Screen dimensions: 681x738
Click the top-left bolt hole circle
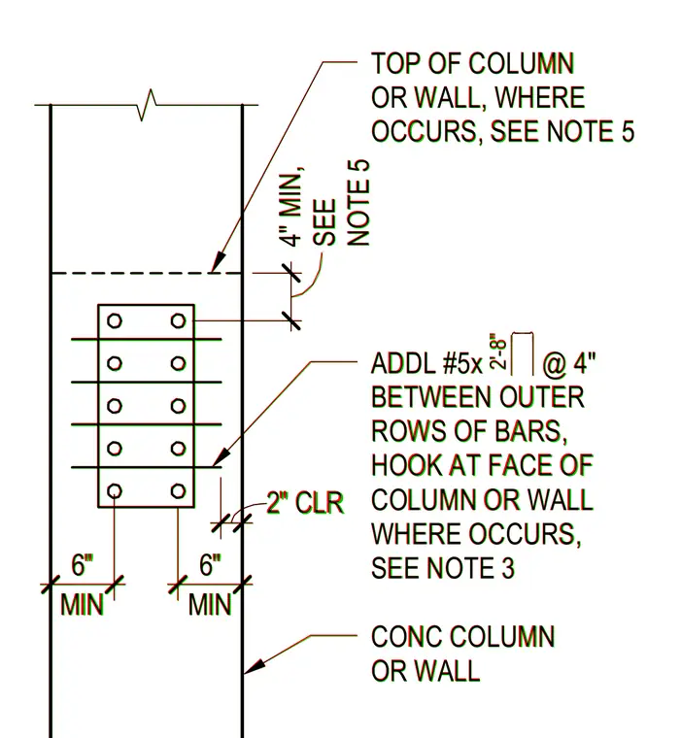coord(115,321)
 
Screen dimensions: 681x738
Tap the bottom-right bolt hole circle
coord(178,491)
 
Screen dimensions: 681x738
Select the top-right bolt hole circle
coord(178,321)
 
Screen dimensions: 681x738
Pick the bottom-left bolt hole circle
coord(115,491)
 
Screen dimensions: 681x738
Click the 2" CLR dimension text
coord(305,503)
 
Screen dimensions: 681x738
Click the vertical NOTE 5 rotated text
coord(358,203)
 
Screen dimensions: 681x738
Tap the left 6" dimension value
coord(83,565)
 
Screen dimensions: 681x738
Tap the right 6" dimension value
coord(210,565)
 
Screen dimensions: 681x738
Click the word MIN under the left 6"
coord(82,605)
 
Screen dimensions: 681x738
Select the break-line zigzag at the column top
coord(147,105)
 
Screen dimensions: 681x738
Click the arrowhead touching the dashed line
coord(219,262)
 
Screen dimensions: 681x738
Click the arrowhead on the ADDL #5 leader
coord(221,457)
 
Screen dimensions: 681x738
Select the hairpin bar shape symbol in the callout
coord(523,353)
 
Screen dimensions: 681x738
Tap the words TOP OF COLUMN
coord(473,63)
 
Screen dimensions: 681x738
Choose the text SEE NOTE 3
coord(443,569)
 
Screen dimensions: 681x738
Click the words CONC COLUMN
coord(463,637)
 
